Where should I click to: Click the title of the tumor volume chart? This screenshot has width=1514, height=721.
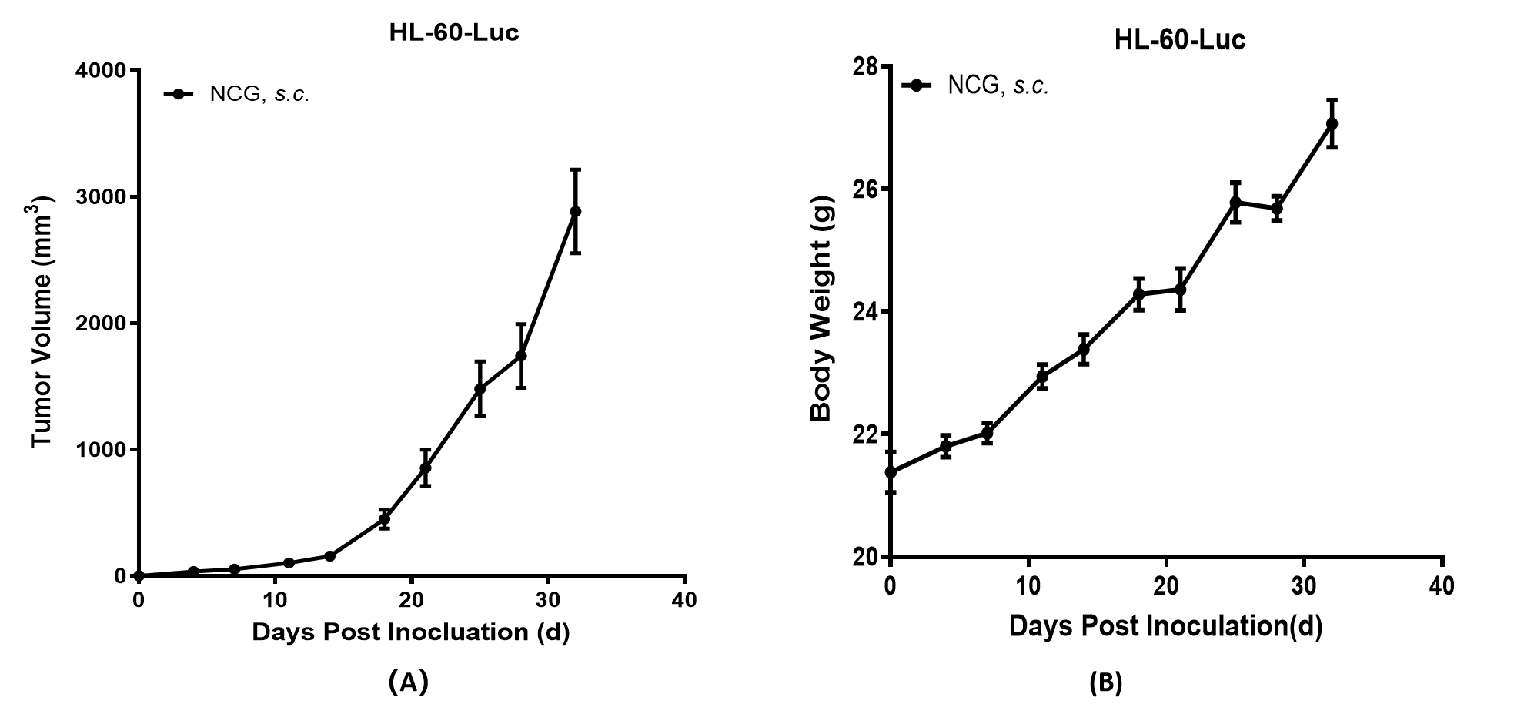pyautogui.click(x=453, y=33)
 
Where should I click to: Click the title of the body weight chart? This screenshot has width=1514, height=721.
pyautogui.click(x=1179, y=39)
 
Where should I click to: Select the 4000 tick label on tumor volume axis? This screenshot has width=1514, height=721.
pyautogui.click(x=100, y=71)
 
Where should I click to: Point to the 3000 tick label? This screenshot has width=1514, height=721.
pyautogui.click(x=100, y=197)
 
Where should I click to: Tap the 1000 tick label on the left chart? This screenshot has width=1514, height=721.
pyautogui.click(x=100, y=450)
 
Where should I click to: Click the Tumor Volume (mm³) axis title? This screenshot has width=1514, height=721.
pyautogui.click(x=42, y=322)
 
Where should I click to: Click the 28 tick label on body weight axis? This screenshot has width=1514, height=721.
pyautogui.click(x=864, y=67)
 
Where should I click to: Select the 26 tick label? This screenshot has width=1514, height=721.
pyautogui.click(x=864, y=189)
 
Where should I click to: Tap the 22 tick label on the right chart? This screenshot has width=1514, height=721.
pyautogui.click(x=864, y=434)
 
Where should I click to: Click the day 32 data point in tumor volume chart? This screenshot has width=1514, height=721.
pyautogui.click(x=575, y=211)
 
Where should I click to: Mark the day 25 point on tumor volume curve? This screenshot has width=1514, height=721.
pyautogui.click(x=480, y=388)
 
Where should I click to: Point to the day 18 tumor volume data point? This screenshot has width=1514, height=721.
pyautogui.click(x=384, y=519)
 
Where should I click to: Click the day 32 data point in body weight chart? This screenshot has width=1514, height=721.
pyautogui.click(x=1332, y=123)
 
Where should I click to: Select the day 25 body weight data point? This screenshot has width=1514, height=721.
pyautogui.click(x=1235, y=203)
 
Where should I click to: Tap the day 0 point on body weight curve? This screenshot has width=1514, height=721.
pyautogui.click(x=891, y=472)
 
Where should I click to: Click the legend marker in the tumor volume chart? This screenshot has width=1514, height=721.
pyautogui.click(x=179, y=94)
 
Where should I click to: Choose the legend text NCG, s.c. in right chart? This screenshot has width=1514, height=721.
pyautogui.click(x=998, y=86)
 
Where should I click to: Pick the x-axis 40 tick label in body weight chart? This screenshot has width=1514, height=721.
pyautogui.click(x=1442, y=586)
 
